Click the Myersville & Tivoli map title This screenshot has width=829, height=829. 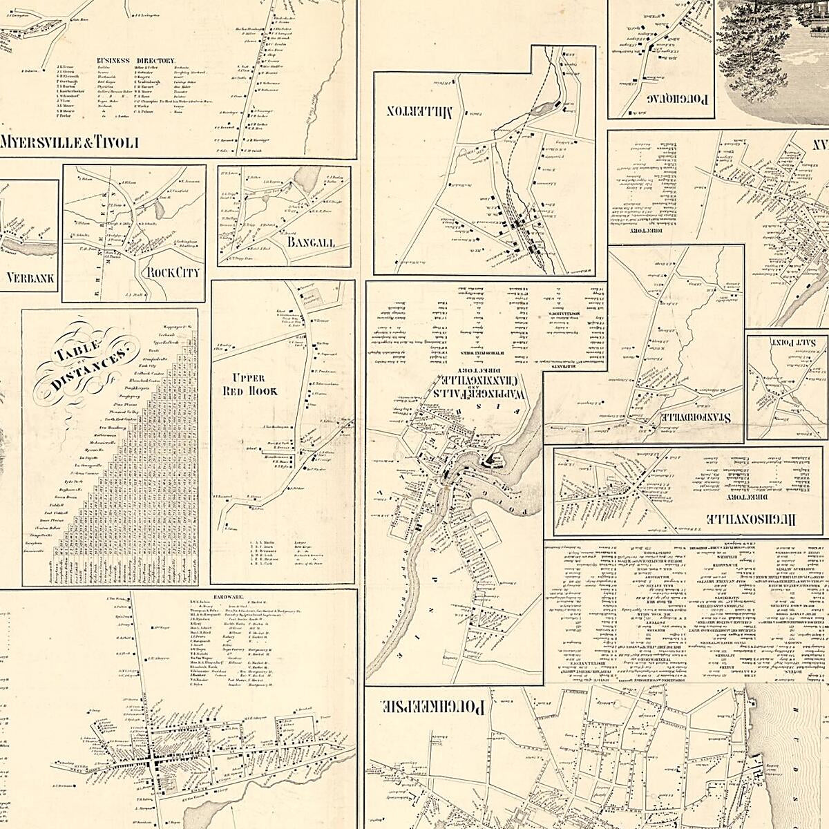70,143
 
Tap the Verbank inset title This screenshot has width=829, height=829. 30,279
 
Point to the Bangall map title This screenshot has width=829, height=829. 311,242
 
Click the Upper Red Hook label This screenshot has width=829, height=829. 254,385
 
